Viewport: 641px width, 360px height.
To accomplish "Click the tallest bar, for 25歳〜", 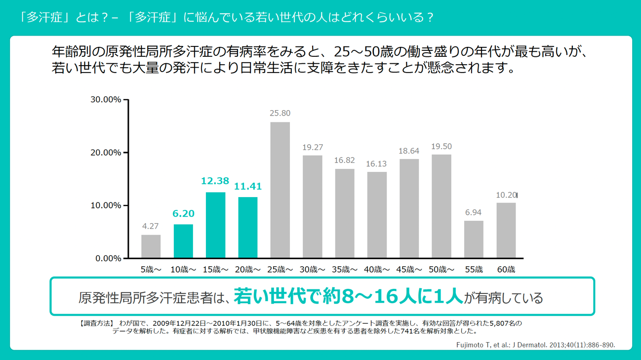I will point(280,190).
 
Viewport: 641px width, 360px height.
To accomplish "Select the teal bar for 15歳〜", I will point(215,225).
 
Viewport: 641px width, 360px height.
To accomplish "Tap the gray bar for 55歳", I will point(474,240).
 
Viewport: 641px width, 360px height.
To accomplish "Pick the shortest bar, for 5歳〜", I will point(151,246).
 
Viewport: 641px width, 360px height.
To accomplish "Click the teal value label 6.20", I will point(183,214).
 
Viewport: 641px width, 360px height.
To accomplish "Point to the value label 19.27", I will point(313,148).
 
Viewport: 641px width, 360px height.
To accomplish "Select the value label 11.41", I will point(248,187).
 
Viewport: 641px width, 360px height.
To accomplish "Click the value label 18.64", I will point(409,151).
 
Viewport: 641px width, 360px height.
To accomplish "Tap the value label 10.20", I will point(506,195).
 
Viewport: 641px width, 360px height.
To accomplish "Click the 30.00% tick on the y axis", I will point(106,100).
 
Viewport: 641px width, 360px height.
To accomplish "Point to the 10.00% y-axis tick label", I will point(106,205).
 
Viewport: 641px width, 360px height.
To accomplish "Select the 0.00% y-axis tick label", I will point(108,258).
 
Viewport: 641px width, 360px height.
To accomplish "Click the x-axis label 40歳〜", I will point(377,270).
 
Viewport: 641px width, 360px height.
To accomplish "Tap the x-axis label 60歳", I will point(506,270).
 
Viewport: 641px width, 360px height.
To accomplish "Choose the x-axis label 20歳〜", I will point(247,270).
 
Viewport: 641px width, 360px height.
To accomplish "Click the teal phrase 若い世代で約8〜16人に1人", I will point(348,296).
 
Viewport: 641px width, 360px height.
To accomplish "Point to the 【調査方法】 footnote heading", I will point(96,323).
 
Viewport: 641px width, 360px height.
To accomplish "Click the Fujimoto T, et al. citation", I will point(535,345).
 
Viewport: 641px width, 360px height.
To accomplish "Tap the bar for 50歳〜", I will point(441,206).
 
